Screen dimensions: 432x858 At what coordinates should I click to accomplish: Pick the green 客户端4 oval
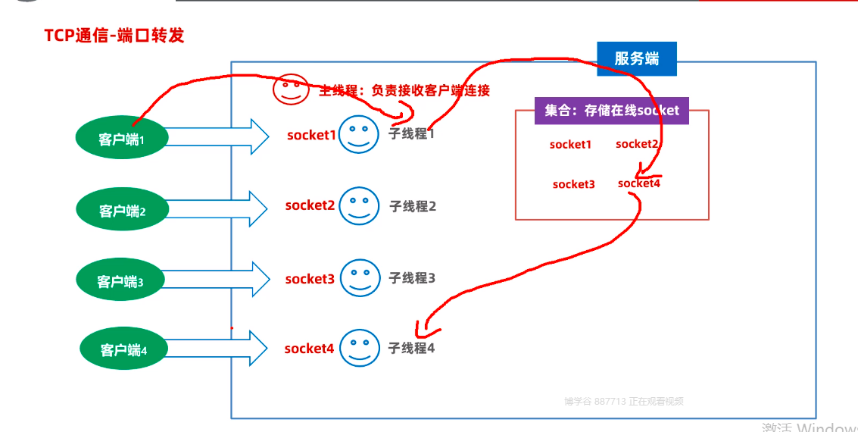coord(123,349)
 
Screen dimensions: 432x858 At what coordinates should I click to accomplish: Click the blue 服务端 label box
coord(637,58)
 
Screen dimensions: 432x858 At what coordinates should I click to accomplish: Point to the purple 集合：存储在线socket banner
coord(612,111)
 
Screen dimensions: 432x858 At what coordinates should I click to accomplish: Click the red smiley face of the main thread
coord(290,90)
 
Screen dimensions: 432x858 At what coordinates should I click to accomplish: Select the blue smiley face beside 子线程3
coord(360,278)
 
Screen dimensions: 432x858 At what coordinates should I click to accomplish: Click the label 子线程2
coord(413,205)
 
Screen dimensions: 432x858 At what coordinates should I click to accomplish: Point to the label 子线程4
coord(411,348)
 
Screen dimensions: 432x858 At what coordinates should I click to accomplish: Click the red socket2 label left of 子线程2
coord(310,205)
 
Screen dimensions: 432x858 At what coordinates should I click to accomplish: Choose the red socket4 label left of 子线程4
coord(309,349)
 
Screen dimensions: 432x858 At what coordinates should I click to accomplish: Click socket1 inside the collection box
coord(570,144)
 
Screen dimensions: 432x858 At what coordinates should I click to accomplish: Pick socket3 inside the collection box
coord(573,184)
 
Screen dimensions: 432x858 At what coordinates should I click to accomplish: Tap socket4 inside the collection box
coord(639,183)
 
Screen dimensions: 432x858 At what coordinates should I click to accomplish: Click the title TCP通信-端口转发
coord(114,35)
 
